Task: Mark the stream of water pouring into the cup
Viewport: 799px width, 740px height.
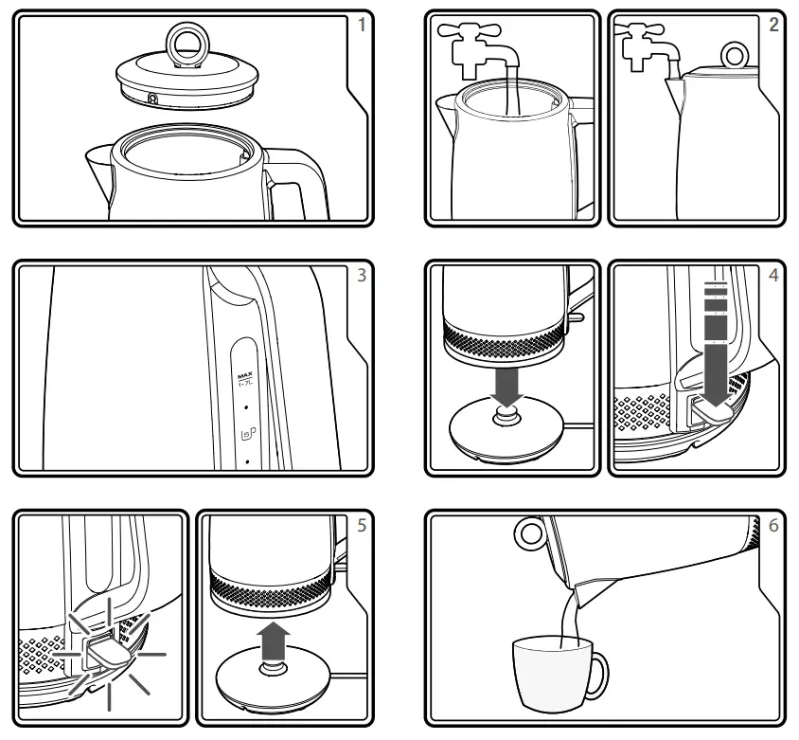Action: click(x=571, y=616)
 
